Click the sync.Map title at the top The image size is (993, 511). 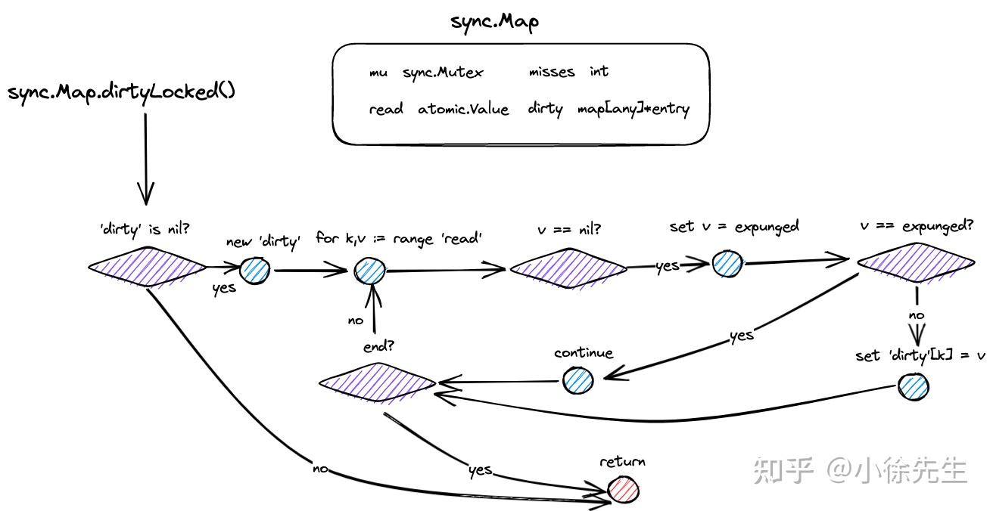(494, 22)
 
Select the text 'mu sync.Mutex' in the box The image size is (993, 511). (425, 73)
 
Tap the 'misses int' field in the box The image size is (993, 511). (568, 72)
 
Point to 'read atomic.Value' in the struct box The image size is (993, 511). (439, 109)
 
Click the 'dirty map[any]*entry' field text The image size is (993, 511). (609, 109)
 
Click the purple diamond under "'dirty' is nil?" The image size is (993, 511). (147, 265)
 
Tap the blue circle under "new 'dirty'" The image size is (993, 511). (255, 269)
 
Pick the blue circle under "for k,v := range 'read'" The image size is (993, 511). (369, 270)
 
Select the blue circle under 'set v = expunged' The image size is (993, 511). (727, 263)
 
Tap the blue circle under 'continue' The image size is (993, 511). (577, 380)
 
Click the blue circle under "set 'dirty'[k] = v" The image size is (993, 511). (913, 386)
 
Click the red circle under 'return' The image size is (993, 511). (623, 489)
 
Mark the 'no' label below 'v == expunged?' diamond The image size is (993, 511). (916, 316)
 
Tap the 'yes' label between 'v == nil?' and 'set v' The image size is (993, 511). (667, 265)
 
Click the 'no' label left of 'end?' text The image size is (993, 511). (355, 321)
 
